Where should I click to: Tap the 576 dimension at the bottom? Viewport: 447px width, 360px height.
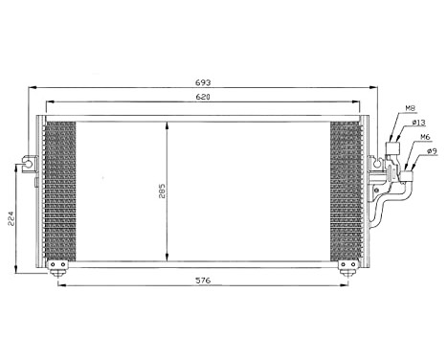click(200, 281)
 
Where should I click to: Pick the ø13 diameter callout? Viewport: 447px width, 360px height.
click(418, 123)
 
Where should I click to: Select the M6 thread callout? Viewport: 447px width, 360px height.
click(423, 136)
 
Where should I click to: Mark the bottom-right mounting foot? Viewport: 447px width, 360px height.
click(342, 266)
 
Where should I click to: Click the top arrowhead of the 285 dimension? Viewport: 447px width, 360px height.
click(168, 124)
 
